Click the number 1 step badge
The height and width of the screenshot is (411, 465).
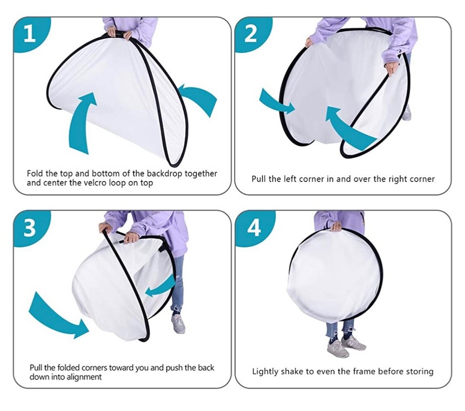click(x=30, y=33)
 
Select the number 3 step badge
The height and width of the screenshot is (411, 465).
click(x=30, y=228)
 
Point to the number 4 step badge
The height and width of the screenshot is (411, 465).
click(x=254, y=228)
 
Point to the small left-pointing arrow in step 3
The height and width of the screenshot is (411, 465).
click(x=161, y=285)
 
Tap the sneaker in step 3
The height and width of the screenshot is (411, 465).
click(x=178, y=324)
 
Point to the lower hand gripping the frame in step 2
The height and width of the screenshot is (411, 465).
click(x=392, y=67)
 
